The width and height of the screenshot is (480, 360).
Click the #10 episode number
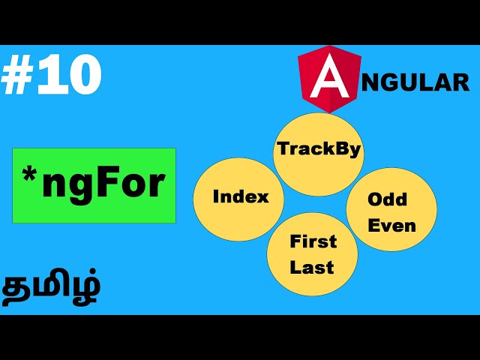(x=51, y=76)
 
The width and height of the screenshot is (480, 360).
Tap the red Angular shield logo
(x=329, y=76)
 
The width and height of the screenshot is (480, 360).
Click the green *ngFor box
(x=94, y=185)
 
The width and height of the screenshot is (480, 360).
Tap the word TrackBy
(x=319, y=148)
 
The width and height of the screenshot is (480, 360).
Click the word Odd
(x=388, y=199)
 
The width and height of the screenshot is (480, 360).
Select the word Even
(x=391, y=225)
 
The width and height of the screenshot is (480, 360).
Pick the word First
(x=313, y=241)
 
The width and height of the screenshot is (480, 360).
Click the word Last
(x=313, y=267)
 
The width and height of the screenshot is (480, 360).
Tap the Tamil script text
(x=52, y=289)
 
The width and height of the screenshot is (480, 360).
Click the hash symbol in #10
(x=16, y=76)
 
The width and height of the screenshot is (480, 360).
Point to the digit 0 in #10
(x=82, y=76)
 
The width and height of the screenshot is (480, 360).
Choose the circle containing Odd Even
(x=391, y=209)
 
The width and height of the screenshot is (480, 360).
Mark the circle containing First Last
(x=312, y=254)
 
